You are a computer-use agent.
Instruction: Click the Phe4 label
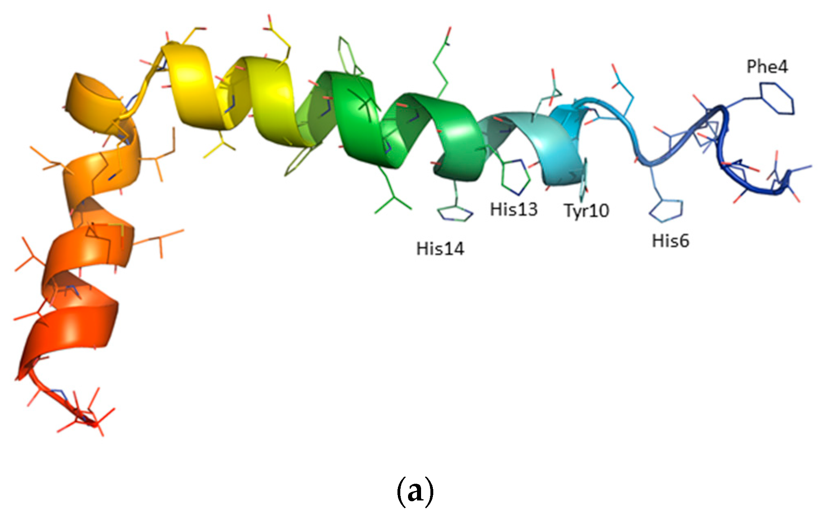pyautogui.click(x=767, y=67)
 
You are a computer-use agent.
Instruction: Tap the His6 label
pyautogui.click(x=670, y=241)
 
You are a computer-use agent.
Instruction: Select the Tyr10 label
pyautogui.click(x=586, y=211)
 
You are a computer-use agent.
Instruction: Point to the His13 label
pyautogui.click(x=514, y=210)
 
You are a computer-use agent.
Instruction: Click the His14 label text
pyautogui.click(x=440, y=249)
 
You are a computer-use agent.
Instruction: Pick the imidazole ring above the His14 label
pyautogui.click(x=455, y=213)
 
